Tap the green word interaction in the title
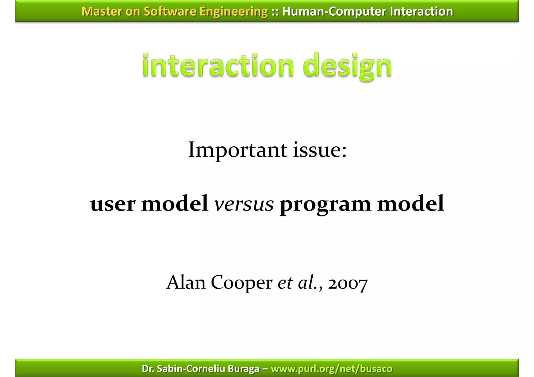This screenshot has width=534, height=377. pos(218,66)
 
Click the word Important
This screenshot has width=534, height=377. pos(238,151)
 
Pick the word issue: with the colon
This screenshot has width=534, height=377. pos(320,151)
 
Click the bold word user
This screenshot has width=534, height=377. pos(113,204)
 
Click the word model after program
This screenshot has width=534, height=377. pos(411,204)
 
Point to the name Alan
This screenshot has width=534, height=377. pos(186,282)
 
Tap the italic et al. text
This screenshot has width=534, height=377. pos(297,282)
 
